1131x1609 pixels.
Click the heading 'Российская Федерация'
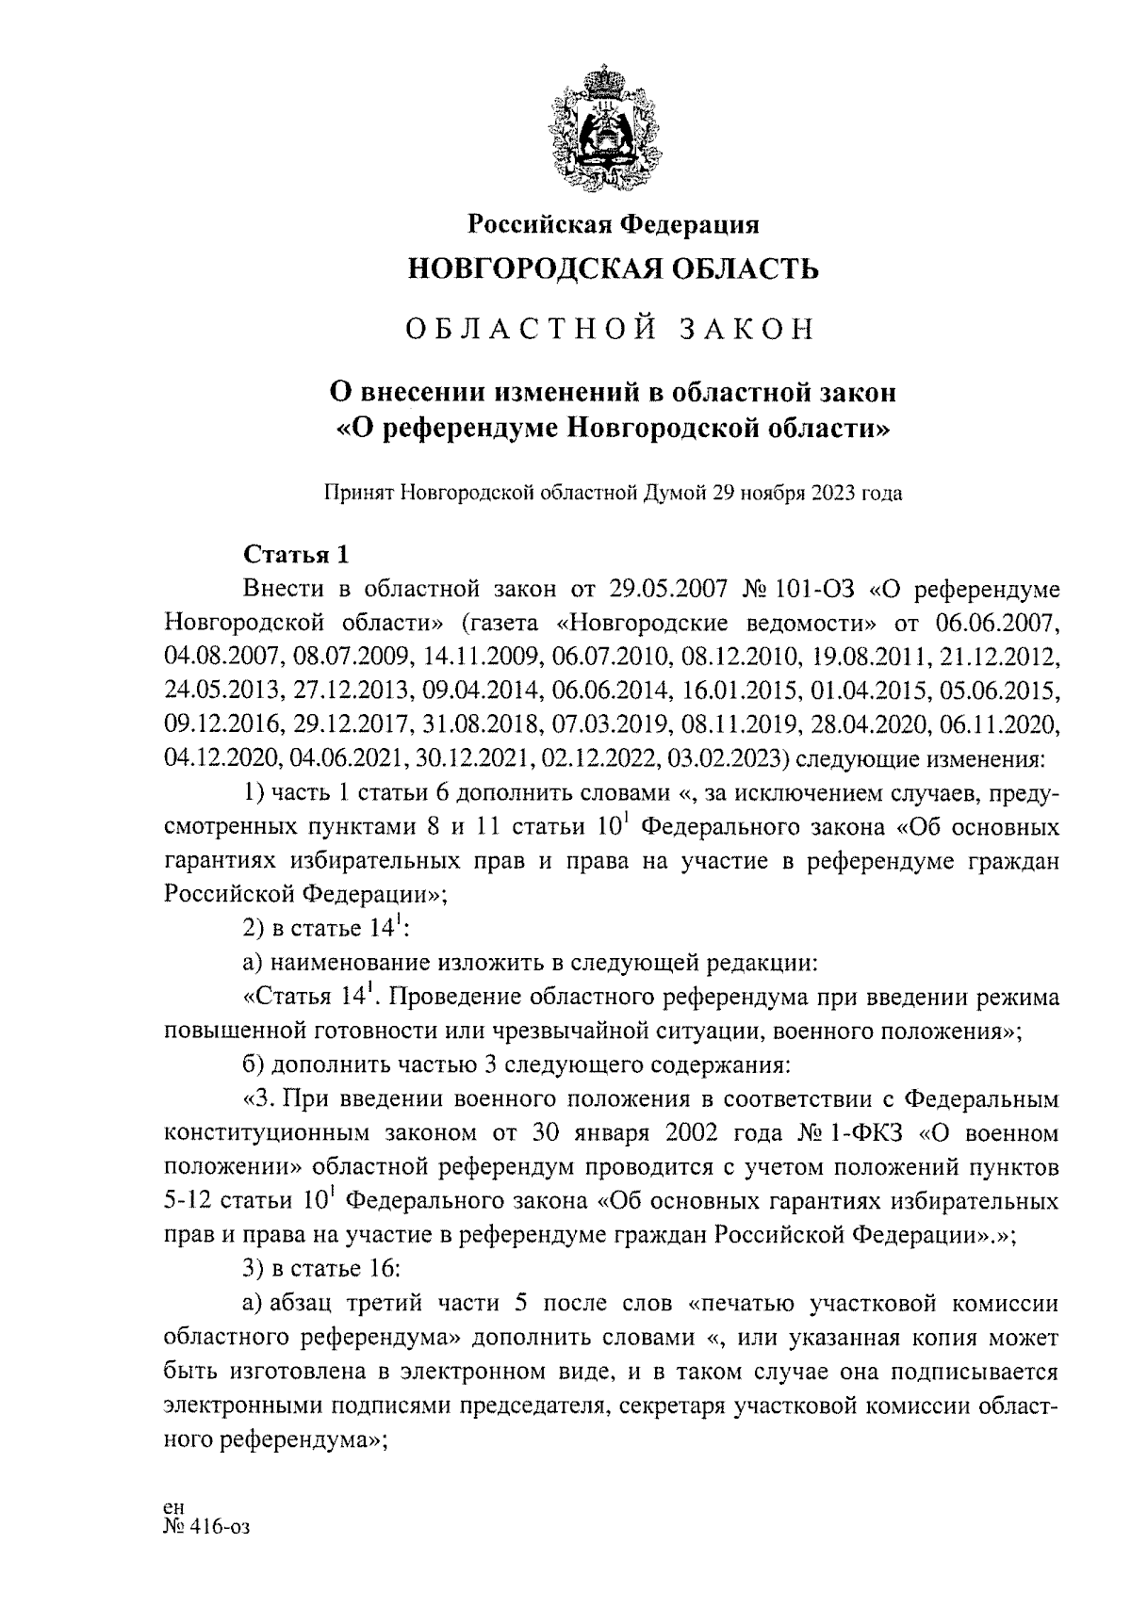614,224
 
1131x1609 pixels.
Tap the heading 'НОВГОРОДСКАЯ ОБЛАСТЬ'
613,269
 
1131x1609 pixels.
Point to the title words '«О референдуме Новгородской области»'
613,430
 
